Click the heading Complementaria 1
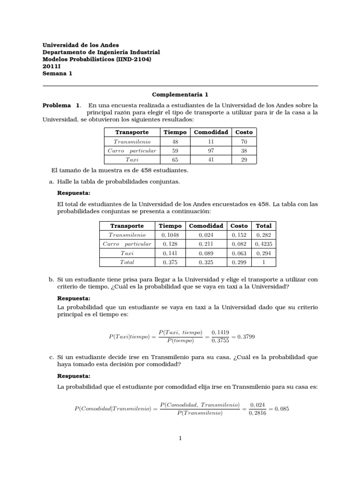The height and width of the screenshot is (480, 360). click(x=180, y=94)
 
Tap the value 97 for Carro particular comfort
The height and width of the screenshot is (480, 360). click(x=211, y=151)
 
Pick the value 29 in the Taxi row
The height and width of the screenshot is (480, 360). click(x=244, y=160)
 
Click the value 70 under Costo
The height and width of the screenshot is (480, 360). click(x=244, y=142)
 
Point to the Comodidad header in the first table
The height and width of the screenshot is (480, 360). click(x=211, y=132)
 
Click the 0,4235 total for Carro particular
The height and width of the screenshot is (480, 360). click(x=263, y=244)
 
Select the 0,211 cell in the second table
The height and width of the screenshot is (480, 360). click(x=206, y=244)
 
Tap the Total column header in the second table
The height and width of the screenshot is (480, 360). click(x=263, y=225)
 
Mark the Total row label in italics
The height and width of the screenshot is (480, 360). click(x=127, y=262)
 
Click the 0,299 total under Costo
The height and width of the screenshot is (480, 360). click(x=239, y=262)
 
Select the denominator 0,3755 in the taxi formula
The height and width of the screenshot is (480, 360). click(x=220, y=341)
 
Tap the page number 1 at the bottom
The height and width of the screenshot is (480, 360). click(x=180, y=439)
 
